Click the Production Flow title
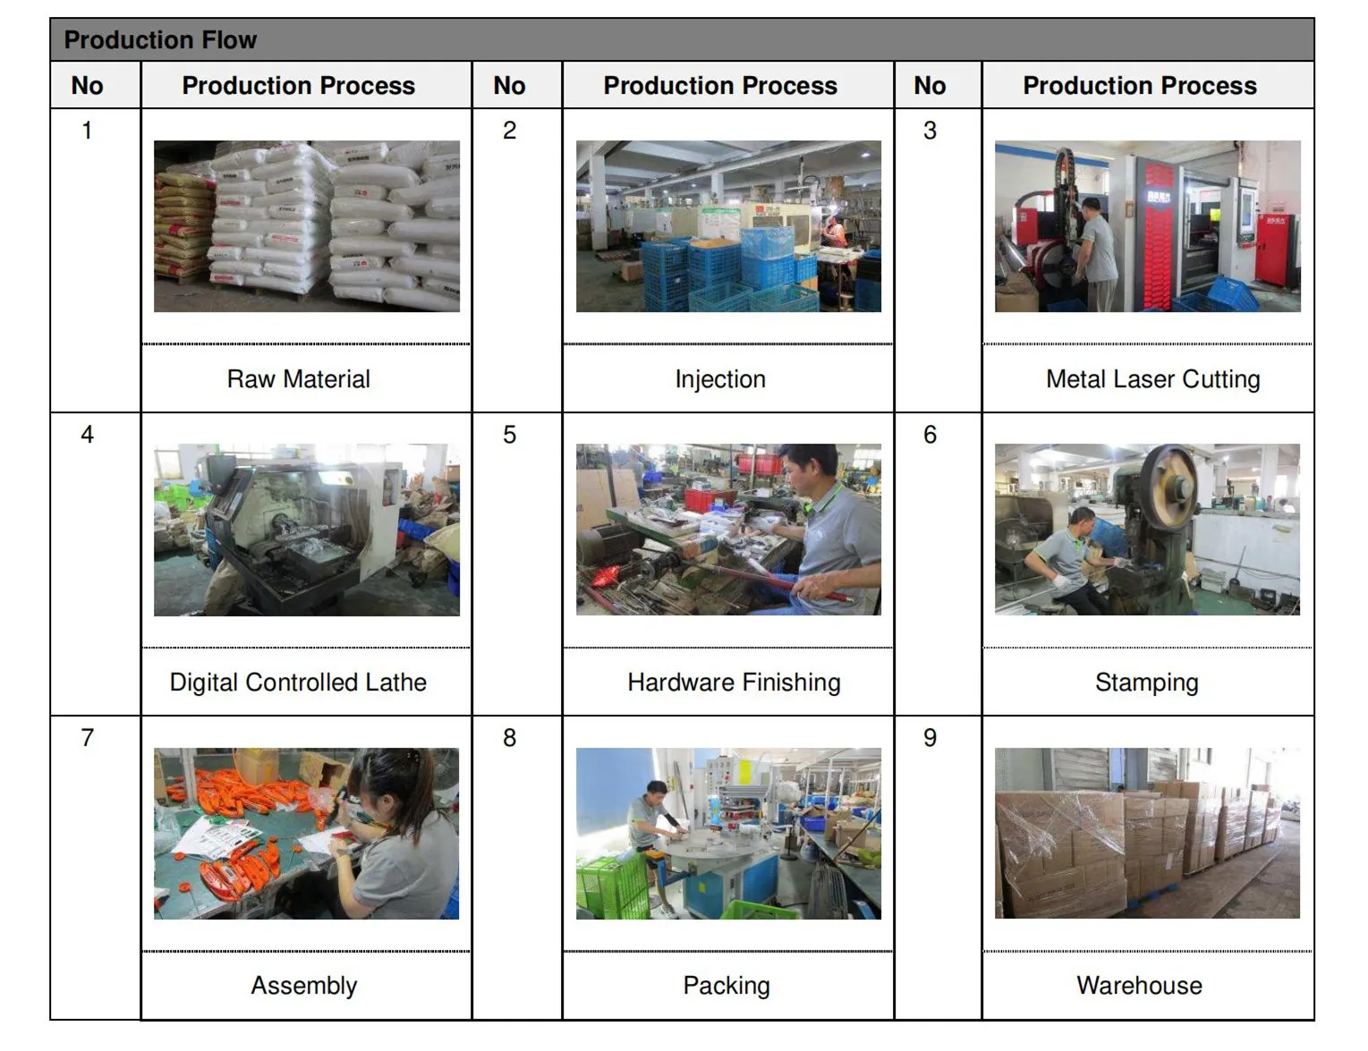161,40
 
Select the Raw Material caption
298,379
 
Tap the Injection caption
720,379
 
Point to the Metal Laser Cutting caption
1152,379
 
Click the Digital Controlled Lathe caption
298,682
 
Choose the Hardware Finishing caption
734,682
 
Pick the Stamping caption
1146,682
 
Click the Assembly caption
303,986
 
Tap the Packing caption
726,986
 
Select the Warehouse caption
1139,986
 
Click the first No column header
87,86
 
